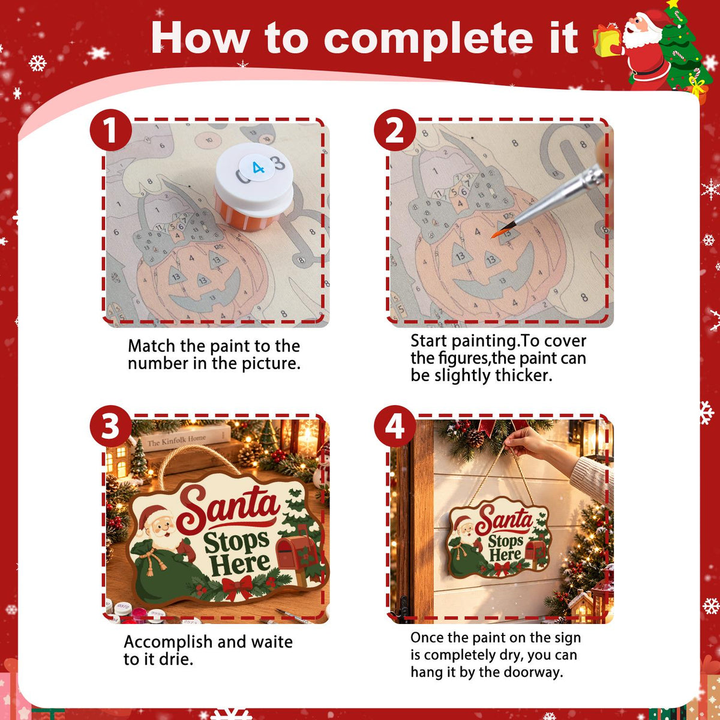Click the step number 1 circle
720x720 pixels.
pos(111,130)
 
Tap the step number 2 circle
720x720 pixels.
pos(395,130)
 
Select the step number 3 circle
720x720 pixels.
pos(111,427)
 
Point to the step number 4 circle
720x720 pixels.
pos(395,427)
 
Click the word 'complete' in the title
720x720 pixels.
pos(429,39)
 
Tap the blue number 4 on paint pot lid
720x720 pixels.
pos(258,168)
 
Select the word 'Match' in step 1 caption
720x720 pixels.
pos(151,346)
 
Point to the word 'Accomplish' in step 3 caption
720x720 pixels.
pos(168,642)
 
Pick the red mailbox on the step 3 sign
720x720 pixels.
pos(295,552)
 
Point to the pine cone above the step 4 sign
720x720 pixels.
pos(475,438)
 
